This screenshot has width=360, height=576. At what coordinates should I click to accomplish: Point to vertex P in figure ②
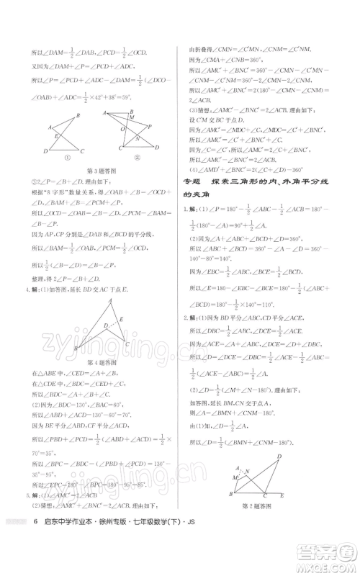point(149,125)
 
